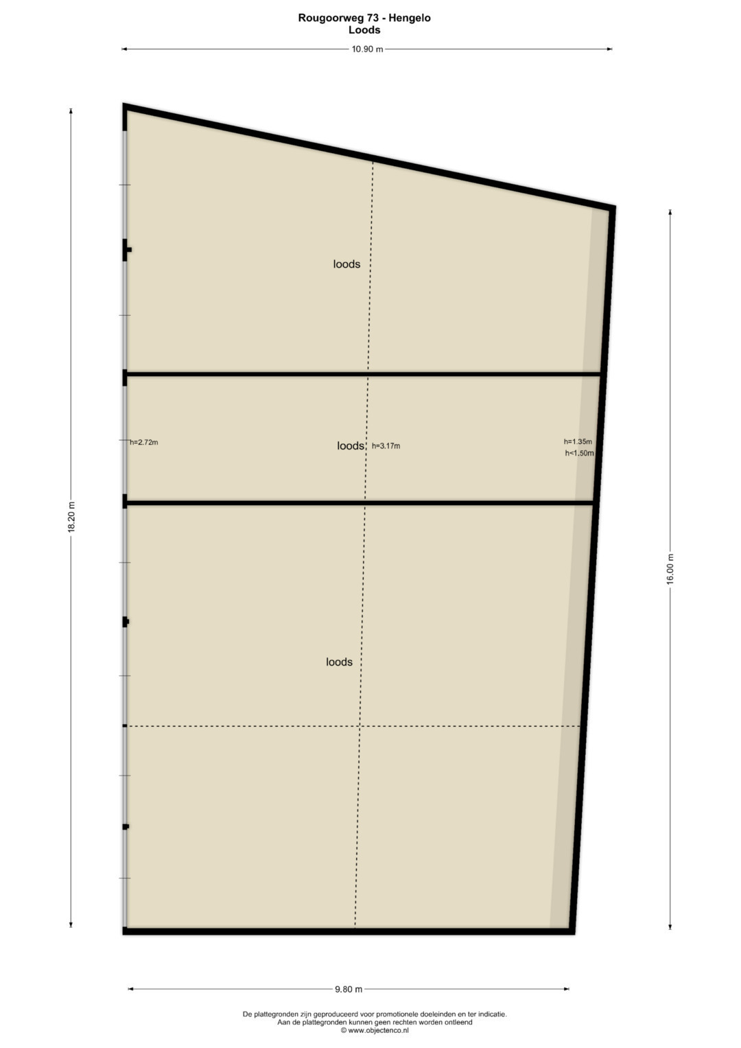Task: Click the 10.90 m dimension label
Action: [x=367, y=49]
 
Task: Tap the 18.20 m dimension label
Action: [x=71, y=517]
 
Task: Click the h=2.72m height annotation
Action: [x=144, y=442]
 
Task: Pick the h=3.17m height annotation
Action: [x=386, y=446]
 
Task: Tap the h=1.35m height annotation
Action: [x=578, y=441]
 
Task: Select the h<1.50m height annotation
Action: [x=579, y=453]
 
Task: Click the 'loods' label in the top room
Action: [x=346, y=264]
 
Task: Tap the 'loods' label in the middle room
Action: [x=351, y=445]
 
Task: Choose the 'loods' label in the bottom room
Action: [x=339, y=662]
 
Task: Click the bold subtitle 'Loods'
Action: [x=364, y=30]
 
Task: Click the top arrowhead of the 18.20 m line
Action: [x=71, y=111]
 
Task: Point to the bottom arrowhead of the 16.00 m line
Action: [x=670, y=927]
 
